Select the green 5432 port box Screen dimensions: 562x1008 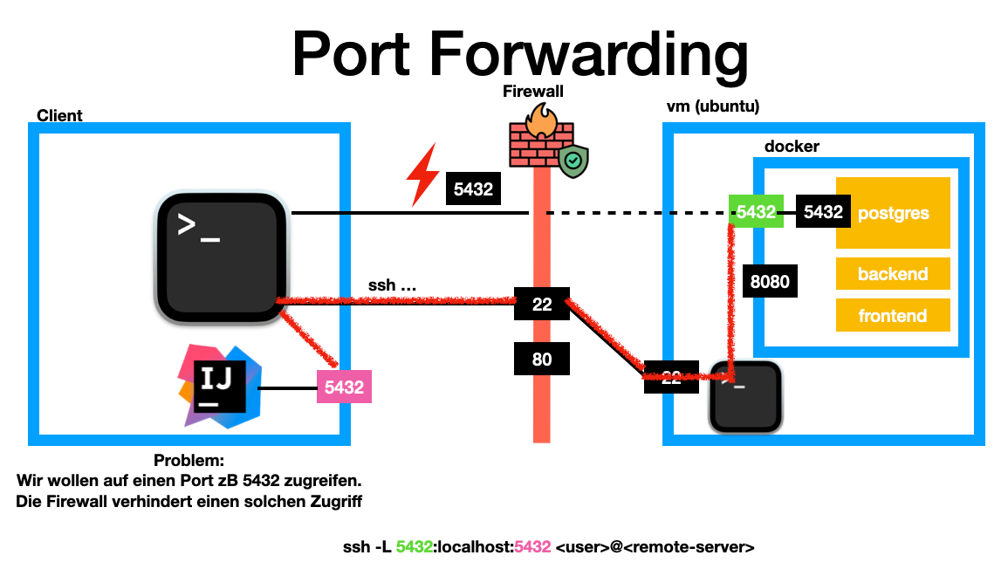pos(756,212)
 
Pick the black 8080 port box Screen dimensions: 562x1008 pos(769,282)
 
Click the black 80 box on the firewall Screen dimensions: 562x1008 pos(542,358)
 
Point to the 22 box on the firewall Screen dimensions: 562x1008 pos(542,305)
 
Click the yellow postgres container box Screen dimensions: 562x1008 pos(892,213)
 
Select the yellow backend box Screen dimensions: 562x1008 pos(892,274)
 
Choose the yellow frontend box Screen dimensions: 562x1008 pos(892,315)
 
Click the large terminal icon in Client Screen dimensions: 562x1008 pos(223,257)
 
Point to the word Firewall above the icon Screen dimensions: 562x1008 pos(533,91)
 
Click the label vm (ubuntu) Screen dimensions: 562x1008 pos(712,107)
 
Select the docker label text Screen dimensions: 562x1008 pos(792,147)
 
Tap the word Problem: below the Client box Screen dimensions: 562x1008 pos(189,461)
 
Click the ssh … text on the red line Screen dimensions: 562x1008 pos(391,286)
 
